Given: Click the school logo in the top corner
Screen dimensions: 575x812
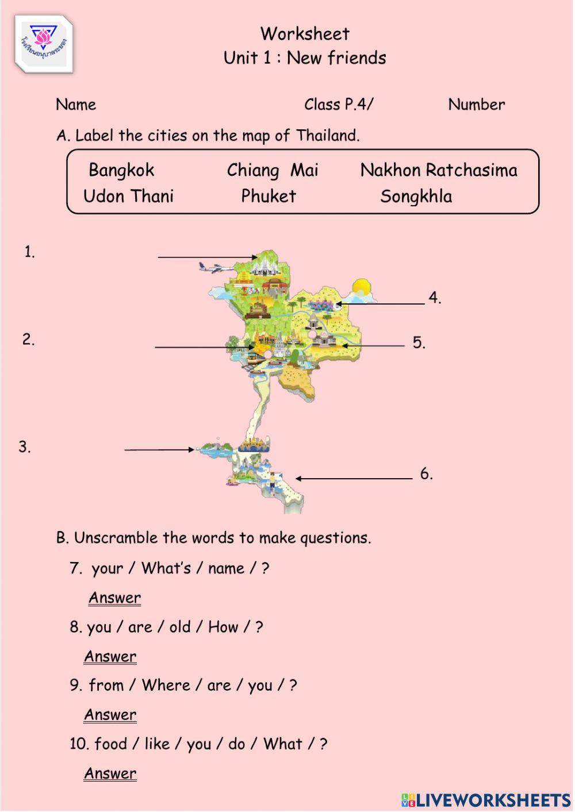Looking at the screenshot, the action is tap(44, 45).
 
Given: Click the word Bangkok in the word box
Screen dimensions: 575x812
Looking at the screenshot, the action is tap(121, 170).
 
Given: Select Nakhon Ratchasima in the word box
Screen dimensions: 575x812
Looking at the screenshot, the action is tap(439, 170).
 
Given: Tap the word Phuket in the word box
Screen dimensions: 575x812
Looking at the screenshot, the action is tap(268, 196).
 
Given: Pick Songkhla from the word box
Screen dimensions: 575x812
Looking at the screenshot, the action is tap(416, 196).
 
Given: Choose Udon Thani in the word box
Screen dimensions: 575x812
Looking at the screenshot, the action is tap(128, 196).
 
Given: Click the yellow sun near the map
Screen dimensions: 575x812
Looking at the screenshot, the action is tap(362, 287).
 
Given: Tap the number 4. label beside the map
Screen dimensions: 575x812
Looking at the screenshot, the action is tap(435, 298).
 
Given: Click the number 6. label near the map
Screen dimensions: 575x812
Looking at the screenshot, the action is tap(426, 474).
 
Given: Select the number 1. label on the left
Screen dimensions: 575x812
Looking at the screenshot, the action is tap(29, 252).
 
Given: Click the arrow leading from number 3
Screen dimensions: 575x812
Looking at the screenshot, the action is tap(159, 449).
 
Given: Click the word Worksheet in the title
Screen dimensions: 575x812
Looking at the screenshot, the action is tap(305, 34).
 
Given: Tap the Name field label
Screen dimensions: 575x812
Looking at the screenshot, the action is tap(76, 105).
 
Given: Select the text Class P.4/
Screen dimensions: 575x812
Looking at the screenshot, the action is tap(339, 105).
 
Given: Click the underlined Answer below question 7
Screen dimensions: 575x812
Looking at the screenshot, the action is tap(114, 598).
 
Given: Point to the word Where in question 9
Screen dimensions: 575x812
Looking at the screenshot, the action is tap(166, 685).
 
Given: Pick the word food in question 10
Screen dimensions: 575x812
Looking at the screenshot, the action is tap(110, 744).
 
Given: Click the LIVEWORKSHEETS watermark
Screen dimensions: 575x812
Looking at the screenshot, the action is tap(486, 799).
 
